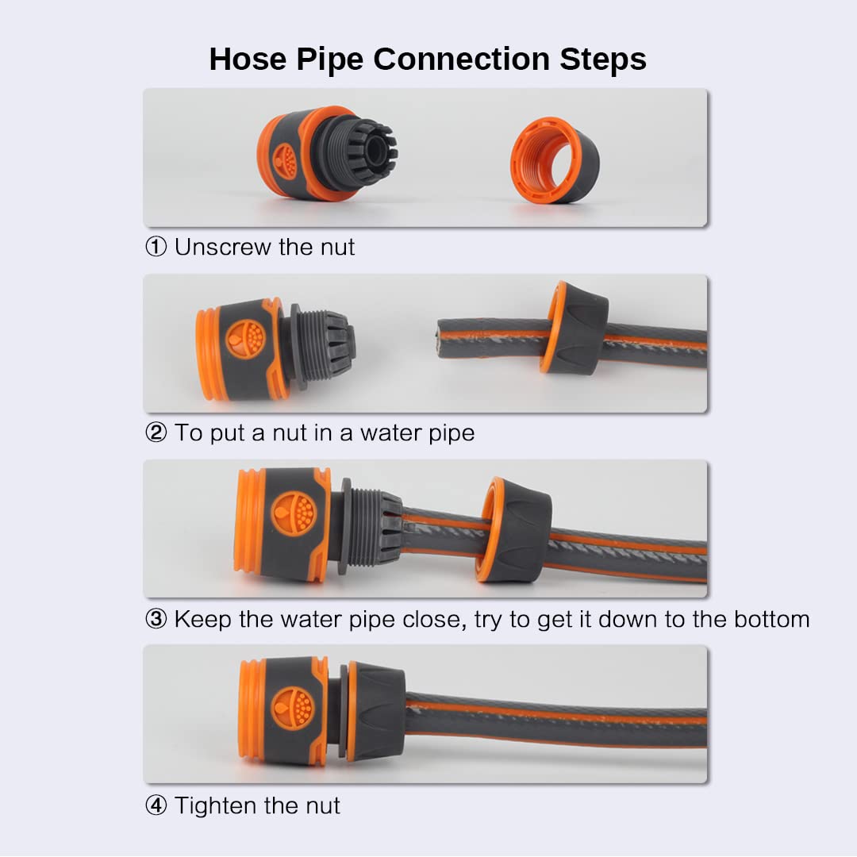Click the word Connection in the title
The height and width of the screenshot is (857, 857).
pyautogui.click(x=462, y=60)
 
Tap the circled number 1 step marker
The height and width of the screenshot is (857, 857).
pyautogui.click(x=156, y=248)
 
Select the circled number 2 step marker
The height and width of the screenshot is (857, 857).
pyautogui.click(x=156, y=433)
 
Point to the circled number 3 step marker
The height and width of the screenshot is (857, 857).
pyautogui.click(x=156, y=619)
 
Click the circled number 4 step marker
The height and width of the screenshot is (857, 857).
pyautogui.click(x=156, y=806)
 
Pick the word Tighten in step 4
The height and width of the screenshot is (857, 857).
pyautogui.click(x=216, y=806)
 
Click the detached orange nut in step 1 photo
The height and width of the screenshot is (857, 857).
pyautogui.click(x=555, y=160)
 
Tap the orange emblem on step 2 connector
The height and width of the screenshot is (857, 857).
pyautogui.click(x=245, y=339)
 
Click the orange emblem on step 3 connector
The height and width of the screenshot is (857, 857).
pyautogui.click(x=293, y=512)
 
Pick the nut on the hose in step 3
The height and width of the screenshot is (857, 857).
pyautogui.click(x=516, y=530)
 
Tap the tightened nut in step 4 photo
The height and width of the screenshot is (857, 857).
pyautogui.click(x=375, y=710)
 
